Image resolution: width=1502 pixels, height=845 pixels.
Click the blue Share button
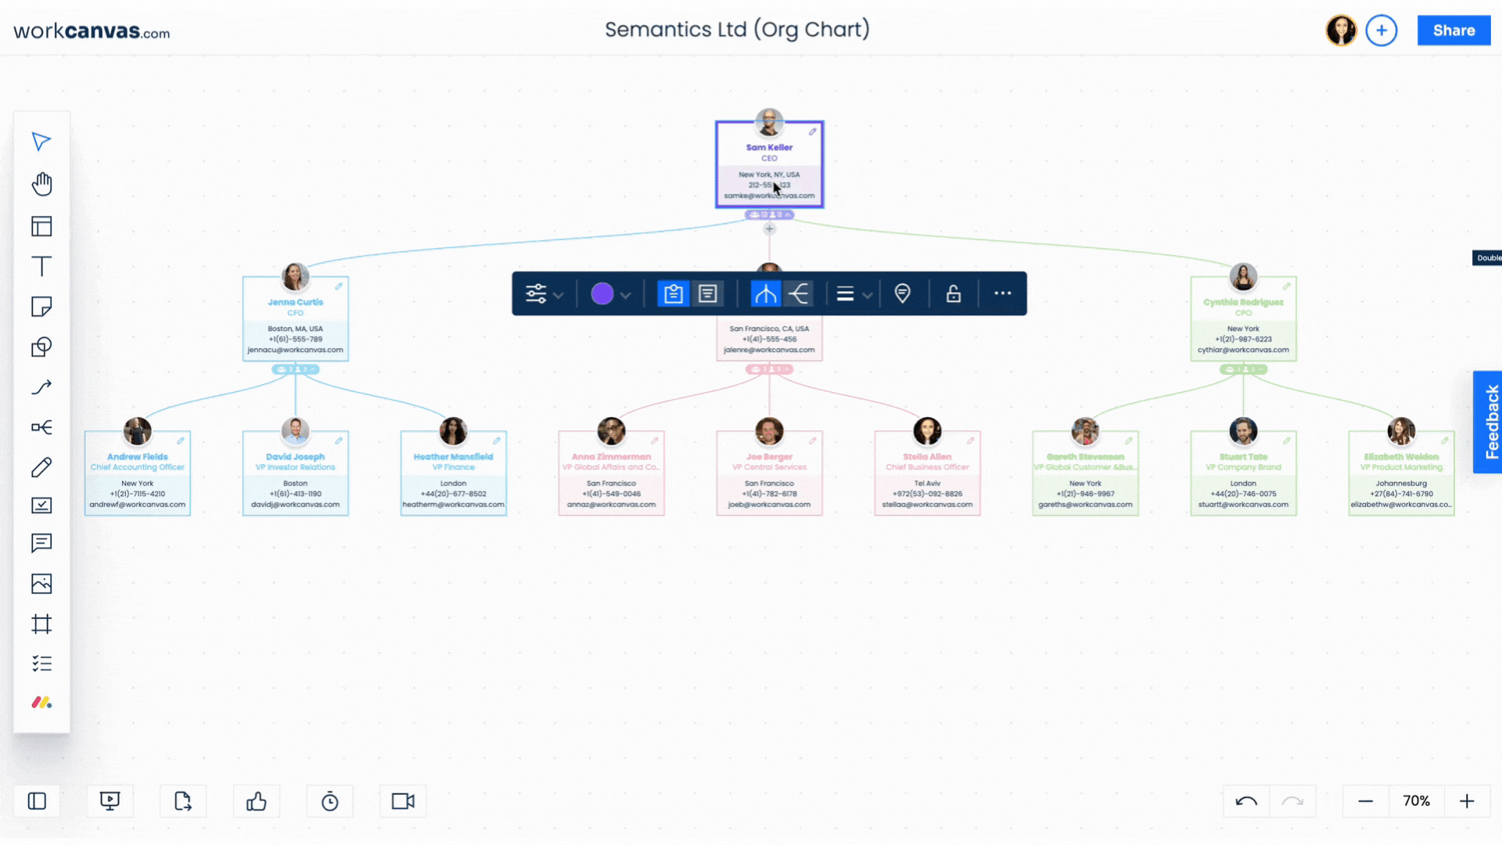(x=1453, y=31)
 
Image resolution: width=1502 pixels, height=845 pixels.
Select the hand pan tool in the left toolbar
(x=41, y=184)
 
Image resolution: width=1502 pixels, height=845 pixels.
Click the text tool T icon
(x=41, y=266)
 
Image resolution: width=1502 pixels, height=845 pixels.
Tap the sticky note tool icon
(x=41, y=307)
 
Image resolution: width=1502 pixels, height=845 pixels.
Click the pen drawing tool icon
(x=41, y=467)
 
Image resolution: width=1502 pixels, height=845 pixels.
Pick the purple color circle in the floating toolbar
(x=602, y=293)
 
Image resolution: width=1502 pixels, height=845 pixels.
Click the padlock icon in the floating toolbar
(x=953, y=293)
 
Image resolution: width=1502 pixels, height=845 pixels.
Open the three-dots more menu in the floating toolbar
(x=1002, y=293)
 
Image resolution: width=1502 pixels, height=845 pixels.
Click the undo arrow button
(x=1246, y=801)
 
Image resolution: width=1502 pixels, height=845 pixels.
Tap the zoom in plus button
(x=1467, y=801)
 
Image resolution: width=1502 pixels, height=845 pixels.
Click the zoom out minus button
(x=1366, y=801)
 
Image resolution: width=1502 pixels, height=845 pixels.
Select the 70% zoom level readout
(x=1416, y=801)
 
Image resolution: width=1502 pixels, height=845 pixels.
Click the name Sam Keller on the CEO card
(x=769, y=147)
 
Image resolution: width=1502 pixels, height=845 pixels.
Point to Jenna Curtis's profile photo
(x=295, y=276)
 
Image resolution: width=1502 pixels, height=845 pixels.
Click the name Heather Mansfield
(x=453, y=457)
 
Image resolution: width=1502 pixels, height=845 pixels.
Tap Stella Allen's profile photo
(x=927, y=431)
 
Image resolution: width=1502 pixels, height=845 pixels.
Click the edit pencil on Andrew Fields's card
(x=181, y=441)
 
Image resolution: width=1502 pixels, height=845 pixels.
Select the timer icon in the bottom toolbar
(x=330, y=801)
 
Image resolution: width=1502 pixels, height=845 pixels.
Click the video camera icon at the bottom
(x=403, y=801)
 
